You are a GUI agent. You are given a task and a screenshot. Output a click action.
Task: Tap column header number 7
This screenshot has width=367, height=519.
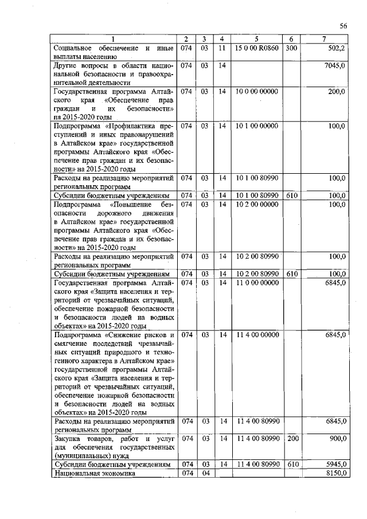pyautogui.click(x=325, y=39)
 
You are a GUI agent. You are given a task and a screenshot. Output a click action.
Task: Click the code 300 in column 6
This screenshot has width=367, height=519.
pyautogui.click(x=291, y=48)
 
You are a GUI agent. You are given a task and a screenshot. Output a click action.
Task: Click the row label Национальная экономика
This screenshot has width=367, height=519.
pyautogui.click(x=93, y=474)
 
